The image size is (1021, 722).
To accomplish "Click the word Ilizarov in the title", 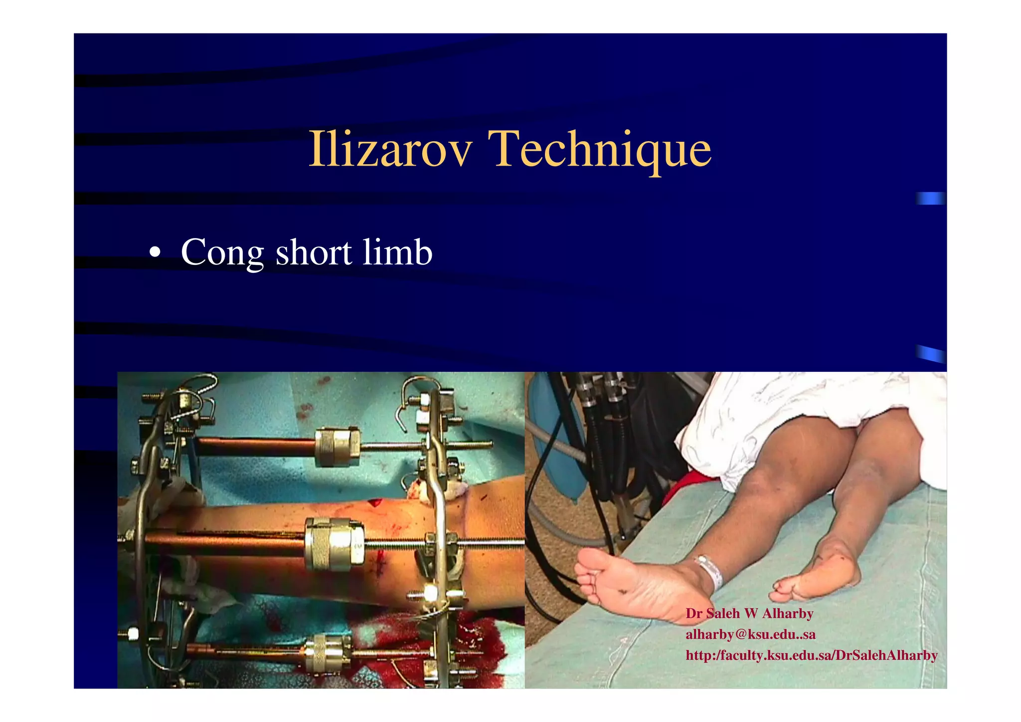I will (x=390, y=149).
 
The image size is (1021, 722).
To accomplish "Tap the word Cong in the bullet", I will (x=222, y=252).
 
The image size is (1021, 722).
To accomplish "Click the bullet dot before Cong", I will (x=155, y=252).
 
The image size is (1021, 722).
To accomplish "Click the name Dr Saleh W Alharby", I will (x=749, y=613).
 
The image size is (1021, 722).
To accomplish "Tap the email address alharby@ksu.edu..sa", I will (x=750, y=634).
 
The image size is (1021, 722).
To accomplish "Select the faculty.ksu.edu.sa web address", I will (x=811, y=655).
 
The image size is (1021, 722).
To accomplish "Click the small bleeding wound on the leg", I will (x=375, y=500).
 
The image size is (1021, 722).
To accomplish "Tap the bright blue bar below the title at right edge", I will (x=930, y=198).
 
